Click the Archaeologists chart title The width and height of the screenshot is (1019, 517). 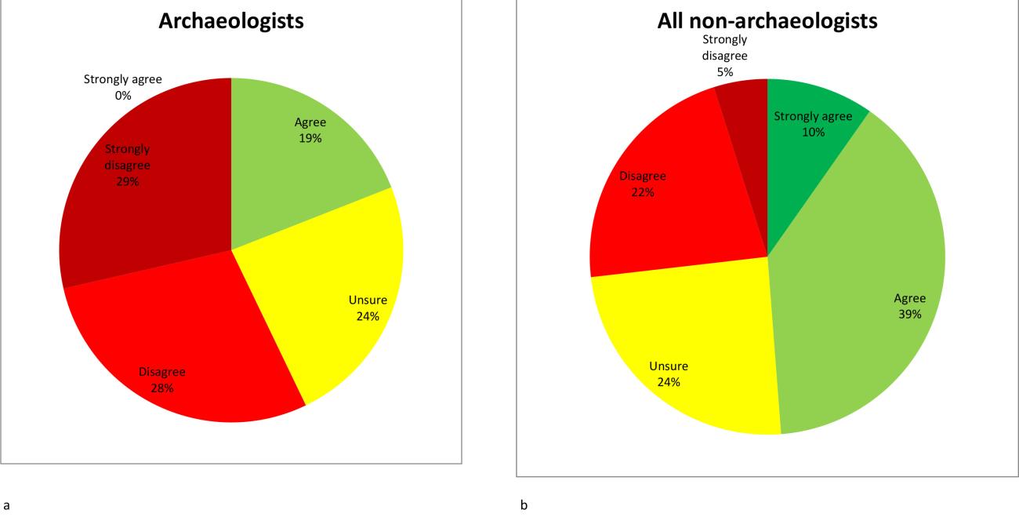231,21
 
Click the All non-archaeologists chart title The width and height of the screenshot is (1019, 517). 767,21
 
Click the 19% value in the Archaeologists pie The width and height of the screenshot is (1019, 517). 310,138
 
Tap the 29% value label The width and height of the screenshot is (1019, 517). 127,181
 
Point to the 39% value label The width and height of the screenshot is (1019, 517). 910,313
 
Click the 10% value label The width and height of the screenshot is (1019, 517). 813,132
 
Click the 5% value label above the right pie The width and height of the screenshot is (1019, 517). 725,71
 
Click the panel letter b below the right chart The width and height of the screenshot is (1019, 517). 524,506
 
